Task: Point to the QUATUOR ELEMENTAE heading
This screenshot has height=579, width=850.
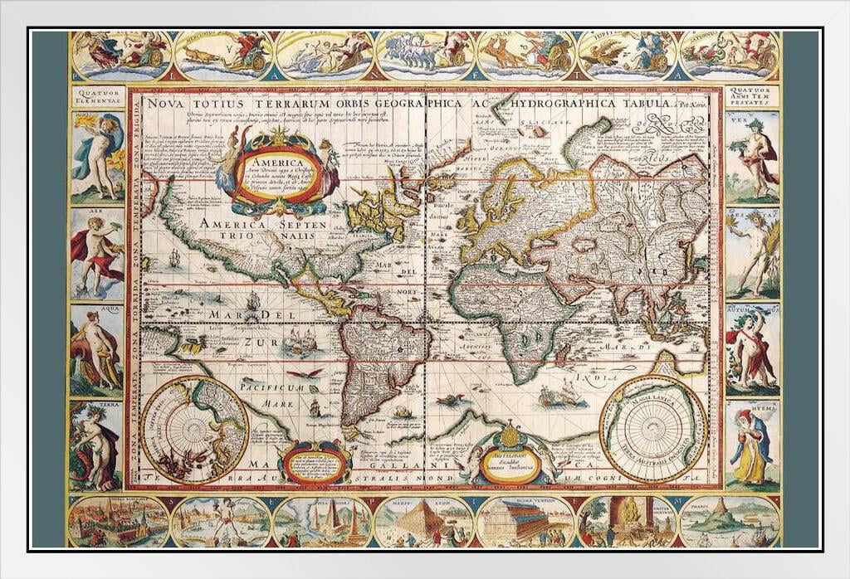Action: click(97, 95)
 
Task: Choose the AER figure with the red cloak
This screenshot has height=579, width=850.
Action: click(97, 252)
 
